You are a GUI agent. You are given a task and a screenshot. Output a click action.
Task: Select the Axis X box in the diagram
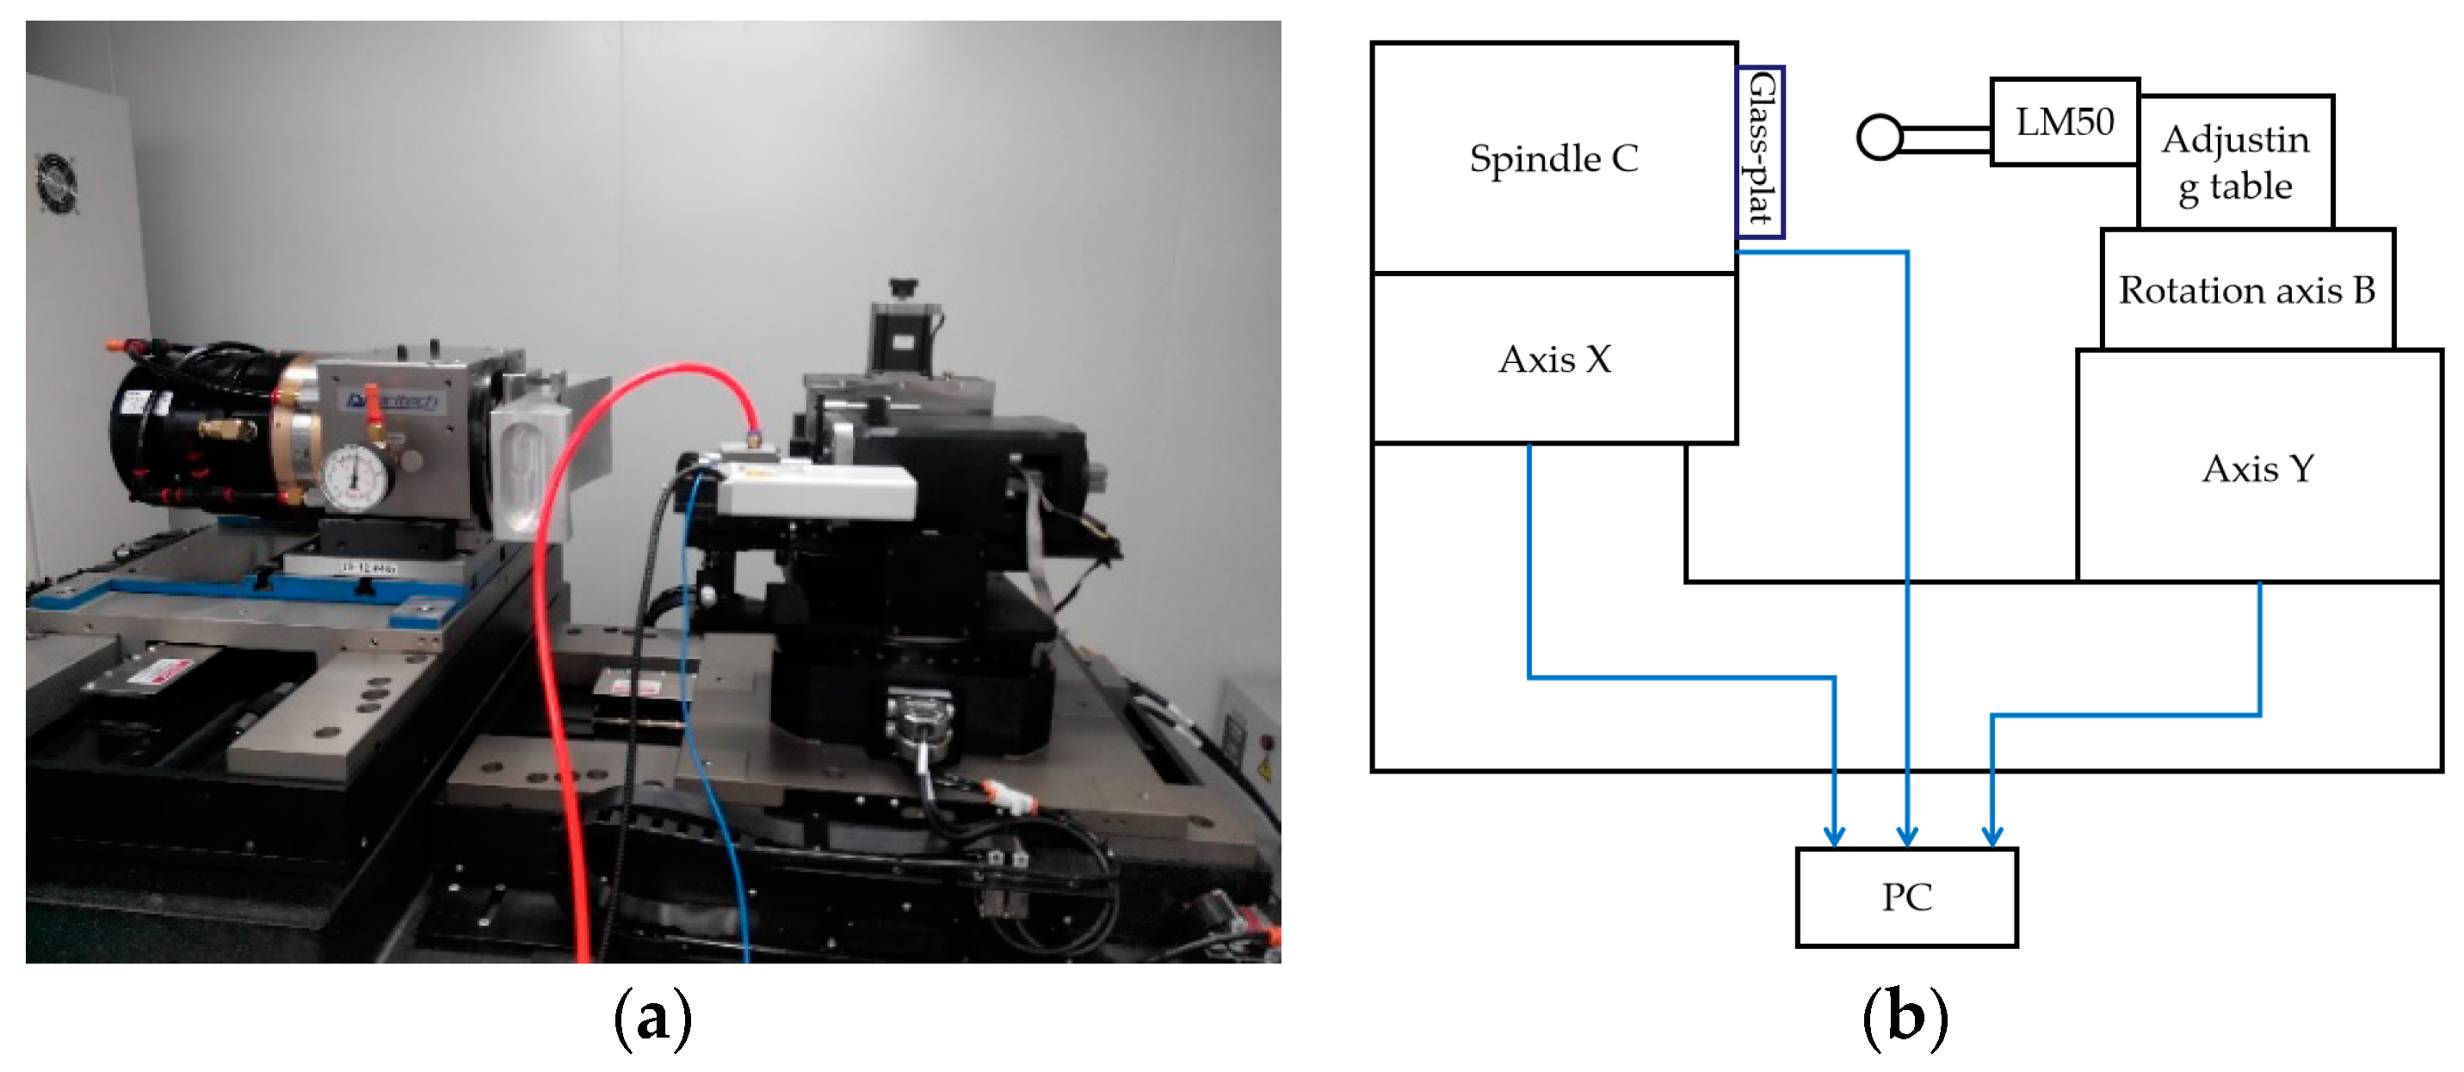(x=1553, y=360)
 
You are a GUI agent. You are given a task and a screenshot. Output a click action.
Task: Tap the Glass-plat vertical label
(x=1760, y=151)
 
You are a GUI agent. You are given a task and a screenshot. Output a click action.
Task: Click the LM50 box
(x=2064, y=122)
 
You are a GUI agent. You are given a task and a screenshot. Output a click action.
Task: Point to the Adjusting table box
(x=2234, y=163)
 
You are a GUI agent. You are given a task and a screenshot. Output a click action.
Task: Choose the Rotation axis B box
(x=2246, y=290)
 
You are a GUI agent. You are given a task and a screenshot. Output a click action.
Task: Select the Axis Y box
(x=2257, y=469)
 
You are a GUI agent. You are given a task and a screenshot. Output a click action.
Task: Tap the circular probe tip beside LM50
(x=1879, y=138)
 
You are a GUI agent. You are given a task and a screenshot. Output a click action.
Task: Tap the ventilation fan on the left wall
(x=57, y=182)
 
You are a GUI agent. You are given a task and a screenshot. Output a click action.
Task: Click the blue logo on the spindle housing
(x=392, y=401)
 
